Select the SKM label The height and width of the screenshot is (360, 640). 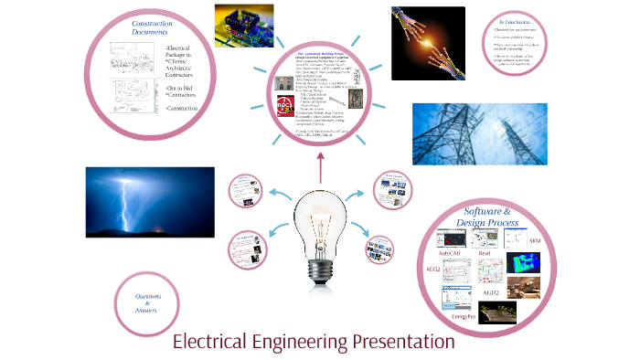(x=535, y=240)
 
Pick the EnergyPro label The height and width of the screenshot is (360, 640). (x=464, y=316)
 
